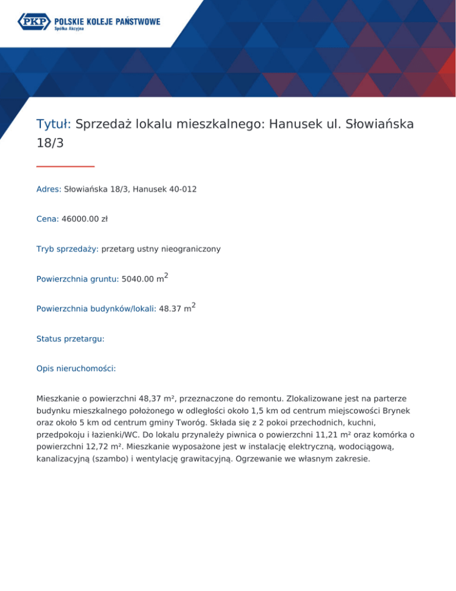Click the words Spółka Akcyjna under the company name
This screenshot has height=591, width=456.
[69, 29]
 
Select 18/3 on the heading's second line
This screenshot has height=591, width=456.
[49, 143]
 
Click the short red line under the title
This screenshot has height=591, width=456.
[65, 166]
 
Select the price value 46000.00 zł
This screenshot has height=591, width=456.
[84, 219]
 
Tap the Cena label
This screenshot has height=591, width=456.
[47, 219]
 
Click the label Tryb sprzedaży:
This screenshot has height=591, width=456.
[67, 249]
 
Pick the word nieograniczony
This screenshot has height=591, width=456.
[189, 249]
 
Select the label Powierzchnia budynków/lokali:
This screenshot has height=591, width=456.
[96, 309]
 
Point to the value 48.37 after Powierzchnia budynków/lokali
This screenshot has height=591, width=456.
[171, 309]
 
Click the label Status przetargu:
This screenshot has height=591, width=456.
[70, 338]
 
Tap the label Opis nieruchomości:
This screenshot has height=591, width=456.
[76, 368]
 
